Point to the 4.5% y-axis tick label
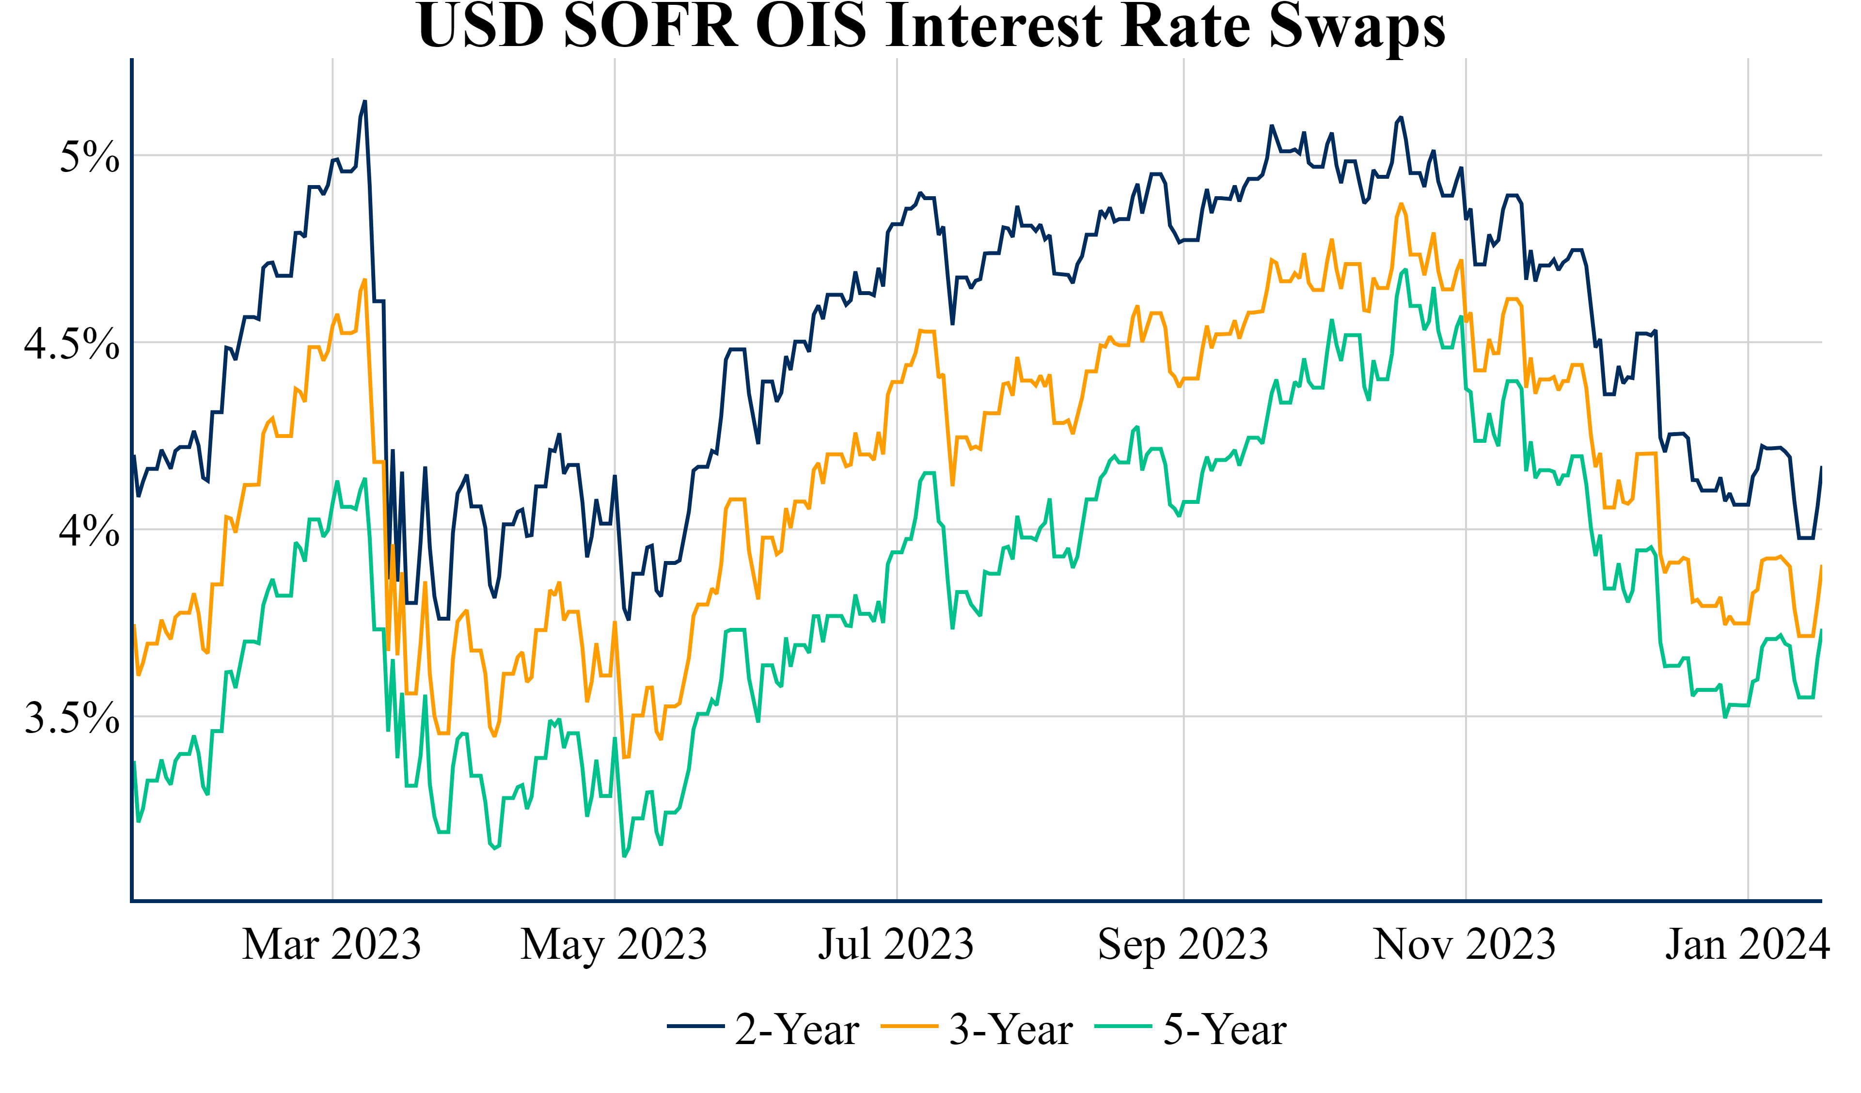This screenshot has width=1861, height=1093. [x=72, y=344]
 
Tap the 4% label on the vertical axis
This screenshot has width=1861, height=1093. [x=89, y=531]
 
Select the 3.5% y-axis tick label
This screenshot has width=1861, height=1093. [x=72, y=718]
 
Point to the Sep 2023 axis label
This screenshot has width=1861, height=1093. [x=1183, y=945]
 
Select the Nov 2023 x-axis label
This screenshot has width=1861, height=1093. [x=1465, y=945]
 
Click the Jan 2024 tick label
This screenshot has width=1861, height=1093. [x=1747, y=945]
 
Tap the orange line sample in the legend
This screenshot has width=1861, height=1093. [x=909, y=1027]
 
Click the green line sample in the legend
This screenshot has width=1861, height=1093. [x=1123, y=1027]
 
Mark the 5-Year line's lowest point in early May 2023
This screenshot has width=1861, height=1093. [x=625, y=856]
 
